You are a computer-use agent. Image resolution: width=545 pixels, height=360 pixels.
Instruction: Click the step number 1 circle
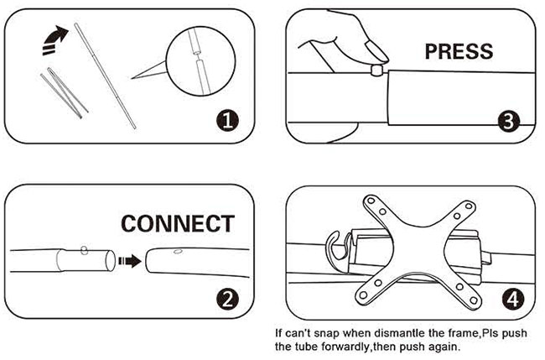(x=227, y=120)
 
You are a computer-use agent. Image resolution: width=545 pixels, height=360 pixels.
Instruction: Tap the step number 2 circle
(x=227, y=299)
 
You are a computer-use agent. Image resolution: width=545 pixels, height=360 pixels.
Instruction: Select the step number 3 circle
(x=508, y=121)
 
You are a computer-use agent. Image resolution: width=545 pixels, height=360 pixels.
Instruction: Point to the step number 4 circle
(x=513, y=299)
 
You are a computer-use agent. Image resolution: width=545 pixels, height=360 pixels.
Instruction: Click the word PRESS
(x=459, y=51)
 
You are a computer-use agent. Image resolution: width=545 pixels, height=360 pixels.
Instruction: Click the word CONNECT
(x=178, y=223)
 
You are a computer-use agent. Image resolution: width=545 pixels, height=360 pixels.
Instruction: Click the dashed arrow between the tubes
(x=130, y=260)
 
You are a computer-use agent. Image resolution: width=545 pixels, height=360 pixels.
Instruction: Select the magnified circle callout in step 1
(x=200, y=61)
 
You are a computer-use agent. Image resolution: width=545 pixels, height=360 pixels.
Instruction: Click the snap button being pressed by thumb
(x=376, y=70)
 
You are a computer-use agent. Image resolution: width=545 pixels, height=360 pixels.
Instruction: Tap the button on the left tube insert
(x=84, y=250)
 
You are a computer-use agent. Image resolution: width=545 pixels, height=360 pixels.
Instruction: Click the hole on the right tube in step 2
(x=179, y=251)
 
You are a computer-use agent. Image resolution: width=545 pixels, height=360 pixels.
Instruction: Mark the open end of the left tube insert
(x=110, y=260)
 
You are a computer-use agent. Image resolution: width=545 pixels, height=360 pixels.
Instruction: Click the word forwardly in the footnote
(x=346, y=347)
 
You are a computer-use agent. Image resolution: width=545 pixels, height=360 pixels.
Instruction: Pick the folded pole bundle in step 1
(x=65, y=92)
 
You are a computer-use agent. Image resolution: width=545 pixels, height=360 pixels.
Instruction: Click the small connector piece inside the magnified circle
(x=197, y=54)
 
